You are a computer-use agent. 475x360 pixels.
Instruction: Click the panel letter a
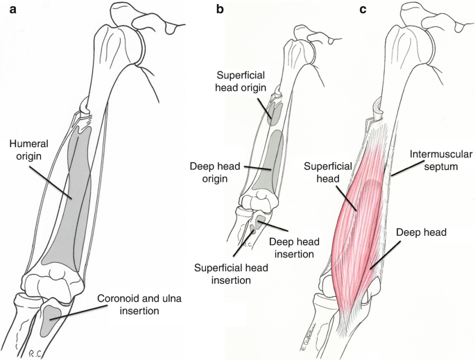6,9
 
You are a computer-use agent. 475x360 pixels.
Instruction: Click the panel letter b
220,9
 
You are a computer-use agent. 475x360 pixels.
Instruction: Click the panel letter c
363,9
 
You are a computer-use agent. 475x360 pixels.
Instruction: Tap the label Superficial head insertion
223,274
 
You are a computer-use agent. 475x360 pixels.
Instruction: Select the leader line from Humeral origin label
51,180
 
